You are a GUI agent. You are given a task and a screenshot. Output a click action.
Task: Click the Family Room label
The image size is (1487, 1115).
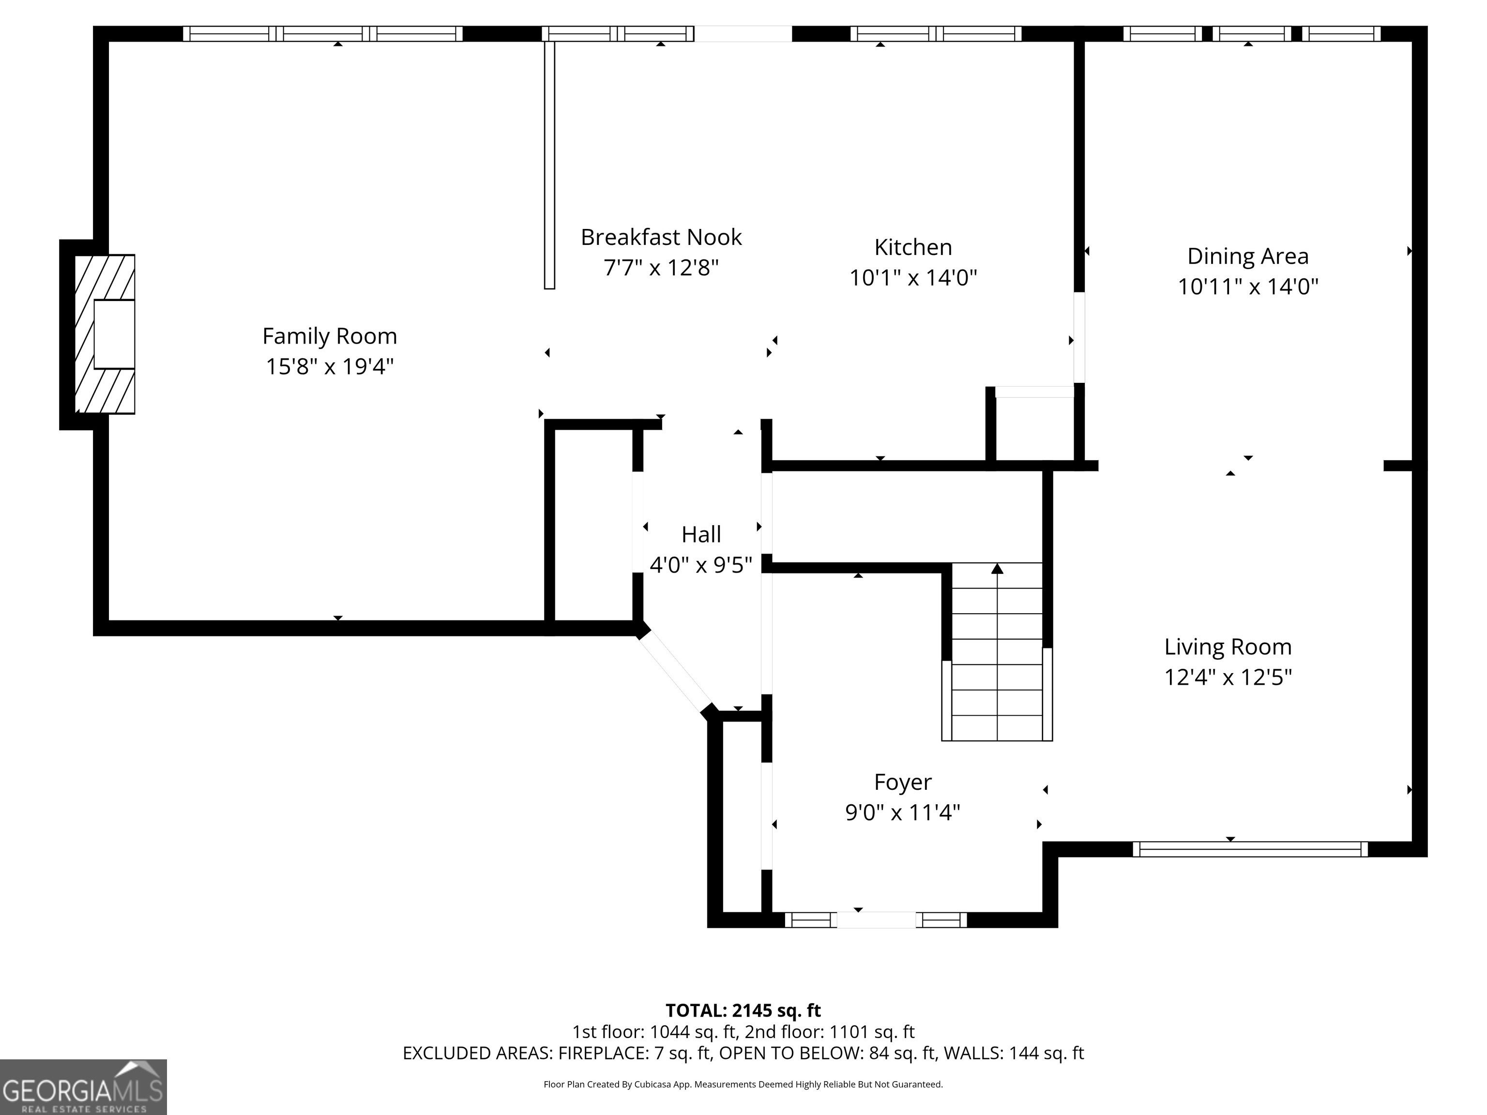point(330,336)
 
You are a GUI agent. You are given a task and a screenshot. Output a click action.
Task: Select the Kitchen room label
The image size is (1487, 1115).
point(913,247)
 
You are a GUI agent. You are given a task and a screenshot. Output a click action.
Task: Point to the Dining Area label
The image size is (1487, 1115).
point(1248,256)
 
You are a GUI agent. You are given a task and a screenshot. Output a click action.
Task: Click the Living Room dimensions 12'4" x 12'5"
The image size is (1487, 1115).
point(1228,677)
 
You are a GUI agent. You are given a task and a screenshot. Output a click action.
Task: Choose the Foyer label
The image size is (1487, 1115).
point(903,783)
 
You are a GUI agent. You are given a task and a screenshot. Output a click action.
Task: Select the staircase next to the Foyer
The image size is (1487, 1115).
point(997,651)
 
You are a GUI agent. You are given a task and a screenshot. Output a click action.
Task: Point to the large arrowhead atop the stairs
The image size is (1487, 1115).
point(998,569)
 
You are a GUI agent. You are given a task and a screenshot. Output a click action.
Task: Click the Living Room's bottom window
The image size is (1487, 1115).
point(1250,849)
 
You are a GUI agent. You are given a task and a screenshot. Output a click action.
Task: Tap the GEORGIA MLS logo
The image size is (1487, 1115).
point(83,1087)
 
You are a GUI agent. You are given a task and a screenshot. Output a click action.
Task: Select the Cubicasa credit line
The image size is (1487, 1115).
point(743,1084)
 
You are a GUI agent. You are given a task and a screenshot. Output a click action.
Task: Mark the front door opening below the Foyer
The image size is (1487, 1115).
point(876,919)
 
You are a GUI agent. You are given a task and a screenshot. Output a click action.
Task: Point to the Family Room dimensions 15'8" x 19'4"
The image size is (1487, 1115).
point(330,367)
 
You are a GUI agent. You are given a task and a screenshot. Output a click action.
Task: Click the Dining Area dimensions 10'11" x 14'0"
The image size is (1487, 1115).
point(1248,287)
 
